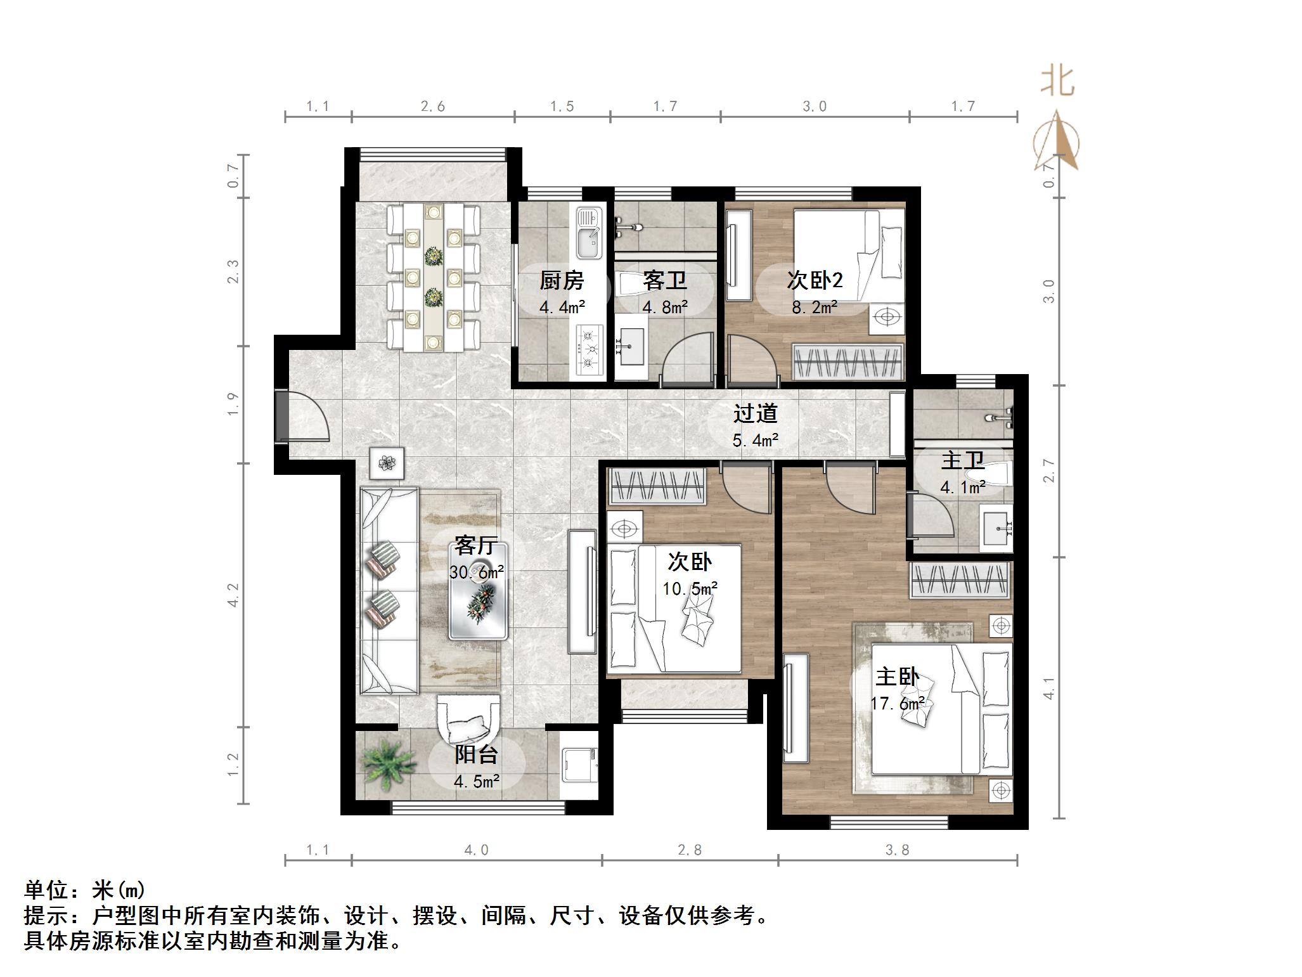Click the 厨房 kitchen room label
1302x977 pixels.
click(561, 280)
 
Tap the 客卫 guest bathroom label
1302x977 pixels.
click(664, 280)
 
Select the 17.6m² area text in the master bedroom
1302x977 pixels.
click(897, 704)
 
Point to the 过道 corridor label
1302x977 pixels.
click(755, 413)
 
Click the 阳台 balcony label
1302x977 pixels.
click(477, 754)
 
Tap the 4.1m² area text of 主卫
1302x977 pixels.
click(962, 487)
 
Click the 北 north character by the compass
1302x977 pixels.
click(1057, 82)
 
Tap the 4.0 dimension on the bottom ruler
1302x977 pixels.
click(476, 850)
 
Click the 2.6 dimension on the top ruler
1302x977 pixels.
click(432, 107)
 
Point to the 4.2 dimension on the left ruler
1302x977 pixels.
click(233, 595)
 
